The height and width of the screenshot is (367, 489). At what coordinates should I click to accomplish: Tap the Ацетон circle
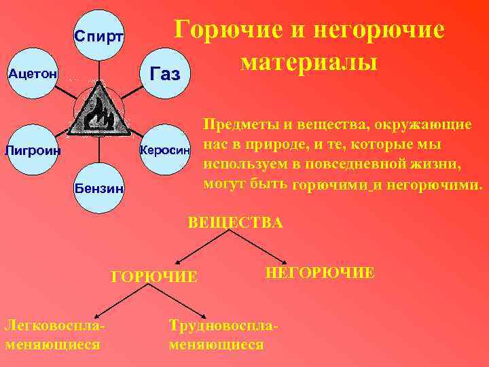32,73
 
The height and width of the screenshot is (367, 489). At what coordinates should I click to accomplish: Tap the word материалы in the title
308,62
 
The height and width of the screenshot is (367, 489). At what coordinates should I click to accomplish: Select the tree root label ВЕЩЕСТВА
235,222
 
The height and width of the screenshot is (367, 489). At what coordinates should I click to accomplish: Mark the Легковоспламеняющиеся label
55,334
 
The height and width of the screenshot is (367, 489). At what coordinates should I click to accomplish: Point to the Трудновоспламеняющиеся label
223,334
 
